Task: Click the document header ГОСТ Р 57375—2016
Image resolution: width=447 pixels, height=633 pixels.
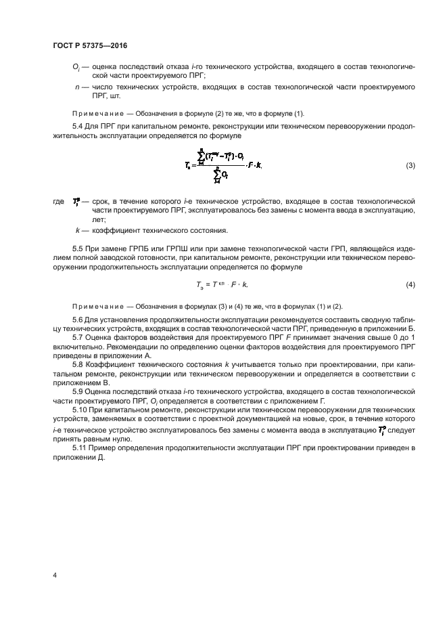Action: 90,45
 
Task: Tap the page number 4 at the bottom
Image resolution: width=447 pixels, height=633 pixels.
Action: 54,575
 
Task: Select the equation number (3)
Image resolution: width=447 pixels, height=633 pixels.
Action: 410,166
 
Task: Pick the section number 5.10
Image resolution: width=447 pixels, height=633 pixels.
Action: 80,410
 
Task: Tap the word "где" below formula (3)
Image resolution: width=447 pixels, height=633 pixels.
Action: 59,202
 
